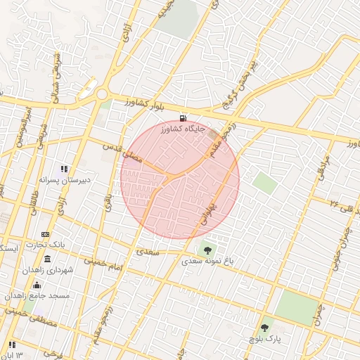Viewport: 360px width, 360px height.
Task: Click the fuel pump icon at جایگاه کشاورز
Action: [x=184, y=119]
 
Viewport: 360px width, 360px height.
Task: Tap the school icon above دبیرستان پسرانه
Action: [x=64, y=169]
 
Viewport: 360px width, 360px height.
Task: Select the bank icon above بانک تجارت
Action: [x=46, y=234]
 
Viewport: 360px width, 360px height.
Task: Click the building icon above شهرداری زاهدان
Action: [x=47, y=259]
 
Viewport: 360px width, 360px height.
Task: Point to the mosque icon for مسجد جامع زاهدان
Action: [x=37, y=285]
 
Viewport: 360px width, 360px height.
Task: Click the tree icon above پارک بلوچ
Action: [x=264, y=328]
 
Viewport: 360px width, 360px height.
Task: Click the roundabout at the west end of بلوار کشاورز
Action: [x=103, y=94]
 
